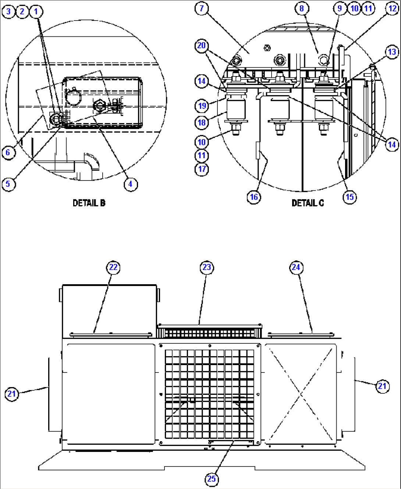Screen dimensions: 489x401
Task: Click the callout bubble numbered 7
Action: click(202, 8)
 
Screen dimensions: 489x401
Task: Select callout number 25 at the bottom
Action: click(212, 479)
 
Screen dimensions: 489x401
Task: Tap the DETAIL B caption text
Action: click(89, 203)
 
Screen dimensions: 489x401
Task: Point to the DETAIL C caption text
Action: click(308, 203)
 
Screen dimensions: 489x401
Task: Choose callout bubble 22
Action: click(113, 267)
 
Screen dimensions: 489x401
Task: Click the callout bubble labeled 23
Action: click(207, 267)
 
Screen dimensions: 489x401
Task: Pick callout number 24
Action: click(296, 267)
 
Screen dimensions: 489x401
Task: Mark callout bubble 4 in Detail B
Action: click(131, 184)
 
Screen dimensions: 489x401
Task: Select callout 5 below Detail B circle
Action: click(8, 184)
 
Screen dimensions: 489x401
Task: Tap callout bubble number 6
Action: click(8, 152)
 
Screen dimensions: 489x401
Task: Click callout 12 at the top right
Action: click(393, 8)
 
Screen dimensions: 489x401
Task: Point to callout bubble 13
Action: click(392, 52)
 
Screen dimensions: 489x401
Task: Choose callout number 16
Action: click(254, 197)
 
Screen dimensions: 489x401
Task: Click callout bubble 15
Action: click(349, 197)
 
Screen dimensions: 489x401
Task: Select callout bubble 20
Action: click(202, 46)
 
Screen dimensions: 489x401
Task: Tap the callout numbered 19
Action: click(202, 106)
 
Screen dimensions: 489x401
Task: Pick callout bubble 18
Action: click(202, 122)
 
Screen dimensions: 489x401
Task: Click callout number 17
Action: click(202, 169)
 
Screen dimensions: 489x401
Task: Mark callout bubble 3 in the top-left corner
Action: click(8, 11)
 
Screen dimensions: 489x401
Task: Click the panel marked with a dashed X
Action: click(301, 393)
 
